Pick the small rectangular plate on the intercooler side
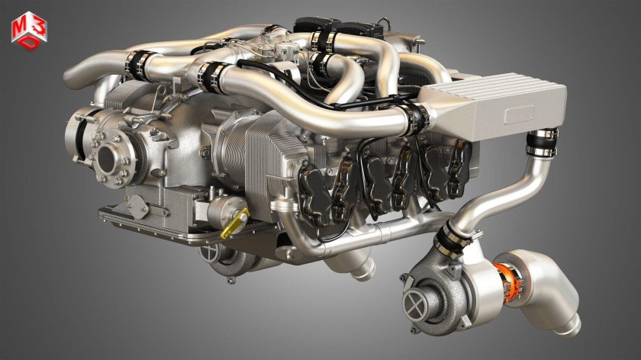tap(521, 115)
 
